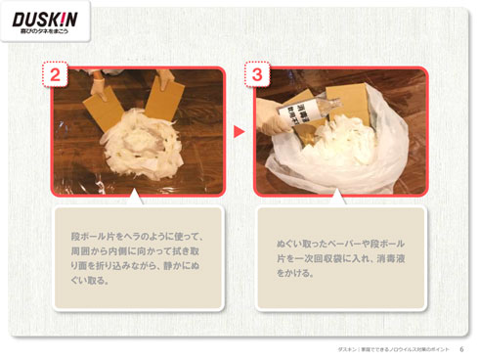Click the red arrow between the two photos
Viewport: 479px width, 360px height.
239,130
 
